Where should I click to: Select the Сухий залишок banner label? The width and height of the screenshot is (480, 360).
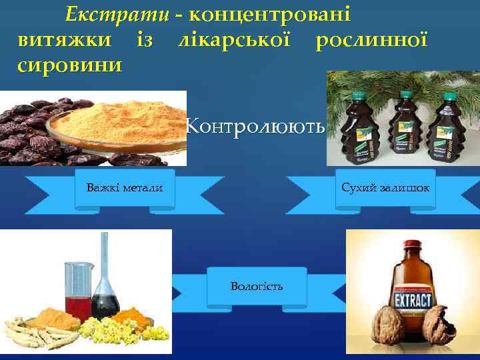point(385,188)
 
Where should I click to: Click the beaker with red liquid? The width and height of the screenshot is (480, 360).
point(79,290)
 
